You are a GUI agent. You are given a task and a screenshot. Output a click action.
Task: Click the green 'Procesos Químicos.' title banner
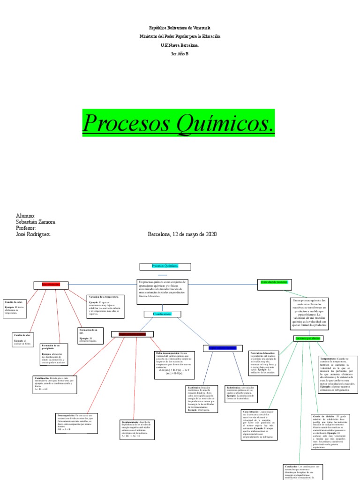pos(178,123)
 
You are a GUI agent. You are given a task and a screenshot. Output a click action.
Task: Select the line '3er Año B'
pos(180,54)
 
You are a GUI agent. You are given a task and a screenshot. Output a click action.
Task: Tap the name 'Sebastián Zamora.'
pos(36,222)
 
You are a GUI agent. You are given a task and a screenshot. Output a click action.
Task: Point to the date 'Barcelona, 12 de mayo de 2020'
pos(182,234)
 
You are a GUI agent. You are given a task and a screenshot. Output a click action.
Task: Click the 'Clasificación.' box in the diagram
pos(162,314)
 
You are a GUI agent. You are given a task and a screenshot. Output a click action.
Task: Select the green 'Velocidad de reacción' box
pos(274,282)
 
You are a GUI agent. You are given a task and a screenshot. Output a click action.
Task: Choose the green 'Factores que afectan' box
pos(307,338)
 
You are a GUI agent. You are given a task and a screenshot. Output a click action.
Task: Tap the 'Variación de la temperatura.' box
pos(105,306)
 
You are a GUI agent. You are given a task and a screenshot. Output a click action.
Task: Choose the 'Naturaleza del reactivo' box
pos(264,363)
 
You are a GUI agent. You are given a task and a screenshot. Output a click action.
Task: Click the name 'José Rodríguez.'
pos(32,234)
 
